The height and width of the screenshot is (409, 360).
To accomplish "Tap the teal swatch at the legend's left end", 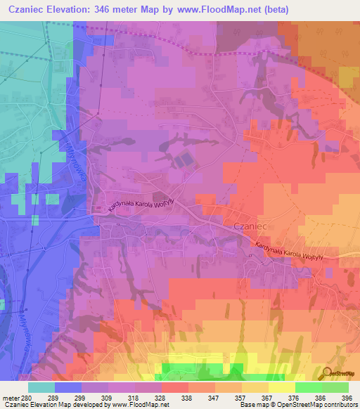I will [x=41, y=387].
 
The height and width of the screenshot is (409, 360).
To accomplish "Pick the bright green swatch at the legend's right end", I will [x=335, y=387].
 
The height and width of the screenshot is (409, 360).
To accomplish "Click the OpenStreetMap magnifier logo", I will [x=326, y=372].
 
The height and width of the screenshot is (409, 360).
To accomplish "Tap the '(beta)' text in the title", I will [x=272, y=10].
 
